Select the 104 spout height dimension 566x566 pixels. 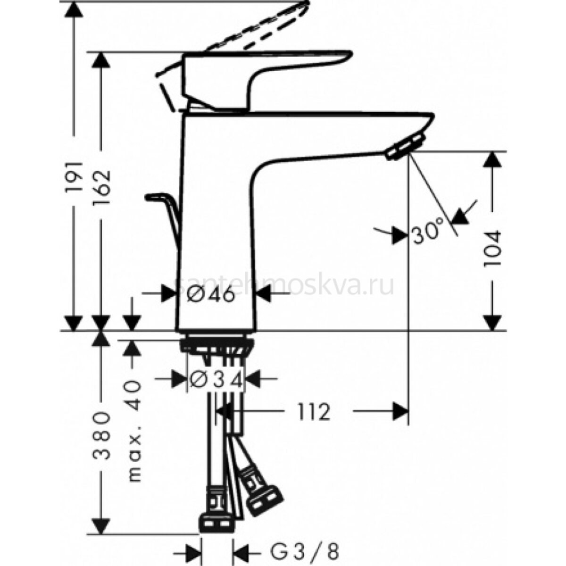[492, 248]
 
